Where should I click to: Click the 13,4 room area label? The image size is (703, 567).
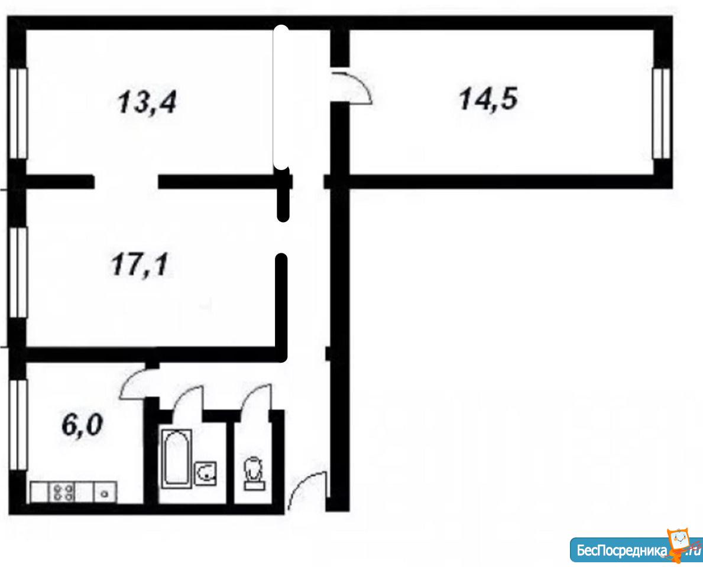pos(147,102)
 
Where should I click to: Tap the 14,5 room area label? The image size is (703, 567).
pos(488,99)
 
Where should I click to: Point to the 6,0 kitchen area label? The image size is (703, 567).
pos(83,425)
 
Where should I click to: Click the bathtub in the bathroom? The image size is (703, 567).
pos(177,458)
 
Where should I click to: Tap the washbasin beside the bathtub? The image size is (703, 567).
pos(206,474)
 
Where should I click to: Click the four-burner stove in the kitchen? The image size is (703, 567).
pos(64,492)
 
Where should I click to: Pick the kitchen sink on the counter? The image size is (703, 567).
pos(105,492)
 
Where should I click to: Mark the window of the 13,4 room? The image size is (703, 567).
pos(18,113)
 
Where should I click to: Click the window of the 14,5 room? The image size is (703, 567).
pos(661,113)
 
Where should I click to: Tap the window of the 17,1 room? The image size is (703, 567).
pos(18,272)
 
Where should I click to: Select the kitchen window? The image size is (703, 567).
pos(18,425)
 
